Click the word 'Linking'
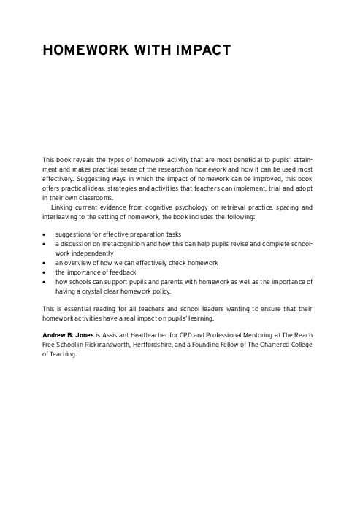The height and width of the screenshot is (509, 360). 66,208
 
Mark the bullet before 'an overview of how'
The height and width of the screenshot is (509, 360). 45,262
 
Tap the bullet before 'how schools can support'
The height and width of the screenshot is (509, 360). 45,280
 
